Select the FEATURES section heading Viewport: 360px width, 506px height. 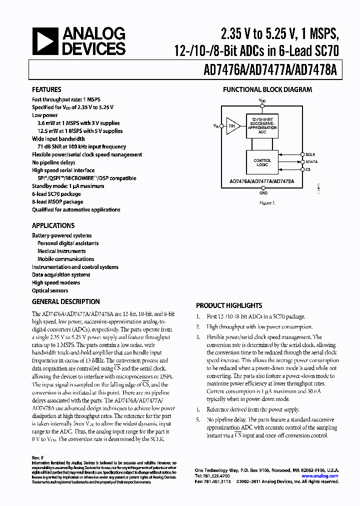[x=47, y=90]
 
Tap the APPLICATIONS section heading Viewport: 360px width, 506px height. [x=53, y=225]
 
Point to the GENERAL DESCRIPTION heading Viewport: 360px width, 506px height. [x=65, y=301]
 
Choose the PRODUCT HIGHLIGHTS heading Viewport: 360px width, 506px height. [x=229, y=305]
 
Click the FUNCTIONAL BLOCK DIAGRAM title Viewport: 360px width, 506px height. [x=267, y=90]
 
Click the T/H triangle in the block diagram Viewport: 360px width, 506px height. [x=232, y=126]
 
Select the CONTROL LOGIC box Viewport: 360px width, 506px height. [x=262, y=161]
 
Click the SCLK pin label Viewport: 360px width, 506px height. [x=311, y=154]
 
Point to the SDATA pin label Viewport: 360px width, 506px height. [x=312, y=162]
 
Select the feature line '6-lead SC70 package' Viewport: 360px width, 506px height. [x=56, y=194]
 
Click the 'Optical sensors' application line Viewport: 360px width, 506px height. [x=50, y=290]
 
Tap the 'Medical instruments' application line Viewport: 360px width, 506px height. [x=61, y=251]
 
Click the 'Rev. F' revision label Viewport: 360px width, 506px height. [x=38, y=457]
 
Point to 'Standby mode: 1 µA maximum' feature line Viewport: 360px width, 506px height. [x=68, y=186]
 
